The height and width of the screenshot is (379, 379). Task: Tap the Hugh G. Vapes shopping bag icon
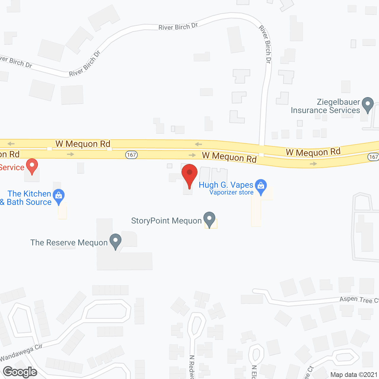(x=261, y=187)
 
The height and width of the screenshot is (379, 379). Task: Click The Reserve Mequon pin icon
(x=115, y=241)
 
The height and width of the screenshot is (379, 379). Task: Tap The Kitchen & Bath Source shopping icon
(x=59, y=196)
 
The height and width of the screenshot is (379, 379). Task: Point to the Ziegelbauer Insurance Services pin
(x=368, y=105)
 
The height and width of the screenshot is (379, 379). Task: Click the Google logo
(x=20, y=372)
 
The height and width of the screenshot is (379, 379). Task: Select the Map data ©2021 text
(x=354, y=375)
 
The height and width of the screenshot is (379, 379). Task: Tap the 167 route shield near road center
(x=131, y=155)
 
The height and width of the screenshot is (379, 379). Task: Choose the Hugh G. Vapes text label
(x=226, y=185)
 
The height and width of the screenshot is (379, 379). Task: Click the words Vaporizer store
(x=231, y=192)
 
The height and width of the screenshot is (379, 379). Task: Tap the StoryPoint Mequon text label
(x=166, y=221)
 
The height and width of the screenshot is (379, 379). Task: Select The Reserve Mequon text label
(x=69, y=243)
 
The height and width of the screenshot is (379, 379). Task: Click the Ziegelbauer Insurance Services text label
(x=325, y=106)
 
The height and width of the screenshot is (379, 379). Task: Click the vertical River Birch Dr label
(x=265, y=44)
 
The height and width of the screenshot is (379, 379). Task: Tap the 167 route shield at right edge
(x=374, y=157)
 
